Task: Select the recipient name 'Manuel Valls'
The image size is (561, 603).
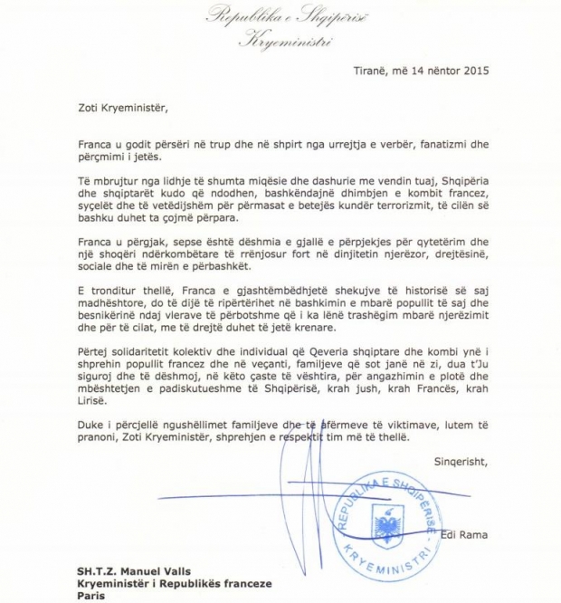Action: coord(163,571)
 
